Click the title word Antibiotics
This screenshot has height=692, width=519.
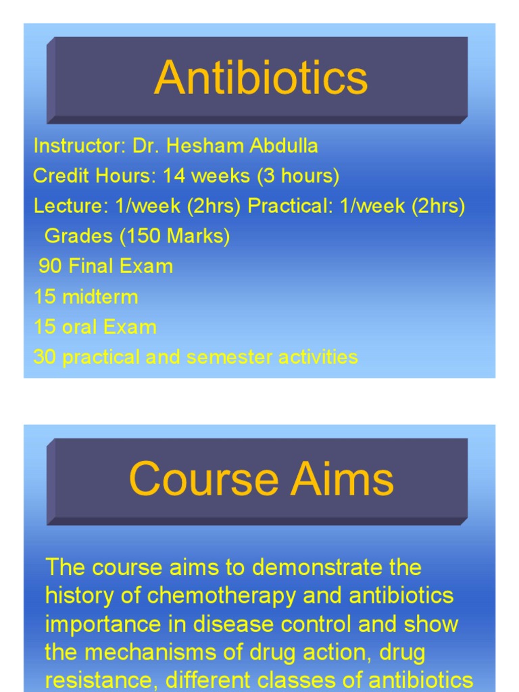[260, 78]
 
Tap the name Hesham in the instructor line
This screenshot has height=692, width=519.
[196, 146]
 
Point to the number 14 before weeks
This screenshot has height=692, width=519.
[174, 176]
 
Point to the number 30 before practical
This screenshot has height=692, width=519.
[44, 357]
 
